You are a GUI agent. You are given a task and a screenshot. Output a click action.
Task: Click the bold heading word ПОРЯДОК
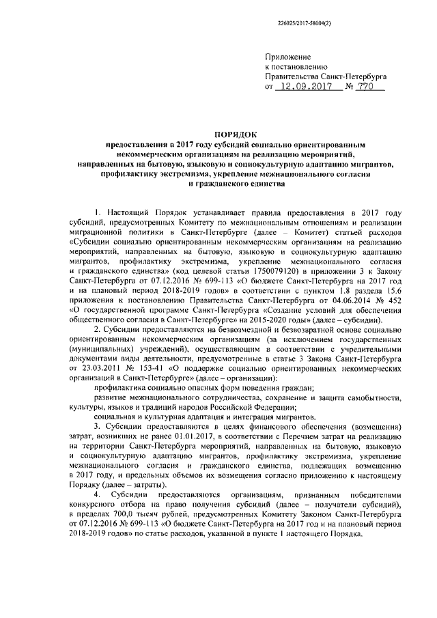coord(223,135)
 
